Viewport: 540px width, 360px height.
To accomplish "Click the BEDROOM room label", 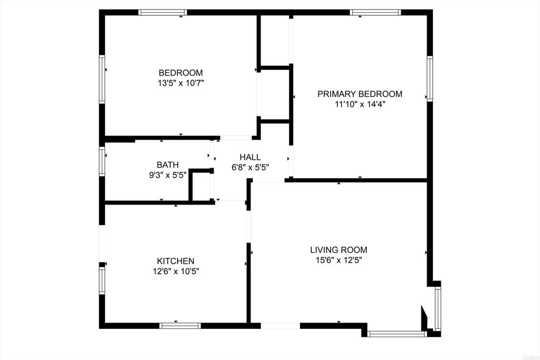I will click(x=181, y=73).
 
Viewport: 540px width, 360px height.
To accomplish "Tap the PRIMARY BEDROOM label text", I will click(x=360, y=94).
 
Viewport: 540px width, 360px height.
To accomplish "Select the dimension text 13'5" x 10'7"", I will click(x=181, y=83).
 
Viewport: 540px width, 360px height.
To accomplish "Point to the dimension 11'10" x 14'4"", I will click(x=360, y=104).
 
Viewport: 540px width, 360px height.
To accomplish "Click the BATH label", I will click(x=167, y=165).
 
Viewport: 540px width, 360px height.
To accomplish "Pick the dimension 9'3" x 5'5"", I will click(x=167, y=175).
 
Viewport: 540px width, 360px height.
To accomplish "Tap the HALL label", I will click(x=250, y=157).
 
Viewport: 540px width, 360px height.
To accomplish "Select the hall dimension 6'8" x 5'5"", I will click(x=250, y=168).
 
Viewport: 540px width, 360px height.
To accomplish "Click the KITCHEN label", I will click(x=176, y=261).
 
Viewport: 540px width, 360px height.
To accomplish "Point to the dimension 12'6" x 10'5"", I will click(x=176, y=271).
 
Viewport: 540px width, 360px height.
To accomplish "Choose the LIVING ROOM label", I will click(x=339, y=250).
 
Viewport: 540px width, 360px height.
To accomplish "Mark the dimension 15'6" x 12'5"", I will click(x=339, y=260).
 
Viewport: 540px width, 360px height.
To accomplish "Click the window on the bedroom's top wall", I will click(x=162, y=12).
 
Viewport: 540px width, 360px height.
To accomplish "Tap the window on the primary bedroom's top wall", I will click(x=375, y=12).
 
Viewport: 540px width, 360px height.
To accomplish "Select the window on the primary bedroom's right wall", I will click(x=430, y=79).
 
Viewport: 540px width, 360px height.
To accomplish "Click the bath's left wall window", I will click(x=102, y=160).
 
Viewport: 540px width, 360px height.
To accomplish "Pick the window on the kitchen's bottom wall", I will click(x=180, y=326).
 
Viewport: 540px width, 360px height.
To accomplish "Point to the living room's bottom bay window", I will click(x=397, y=334).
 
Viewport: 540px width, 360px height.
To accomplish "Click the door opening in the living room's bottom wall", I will click(x=280, y=326).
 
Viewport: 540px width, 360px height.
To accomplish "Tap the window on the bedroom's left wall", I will click(x=102, y=79).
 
